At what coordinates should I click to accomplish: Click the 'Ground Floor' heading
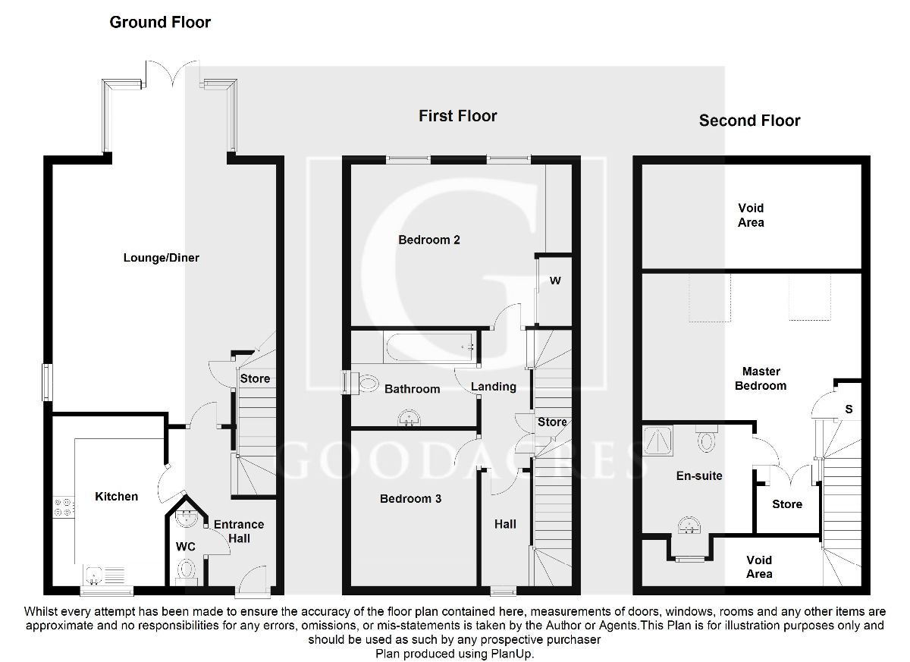pos(160,22)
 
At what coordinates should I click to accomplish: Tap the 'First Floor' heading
pos(458,116)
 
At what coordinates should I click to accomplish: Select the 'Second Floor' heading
pos(749,121)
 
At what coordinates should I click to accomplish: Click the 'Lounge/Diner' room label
pos(162,258)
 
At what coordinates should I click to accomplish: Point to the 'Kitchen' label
pos(116,497)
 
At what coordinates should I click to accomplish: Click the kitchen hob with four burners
pos(64,506)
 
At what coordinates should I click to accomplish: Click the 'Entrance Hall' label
pos(239,531)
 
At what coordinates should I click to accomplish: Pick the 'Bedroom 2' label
pos(429,240)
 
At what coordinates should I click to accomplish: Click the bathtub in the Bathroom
pos(431,349)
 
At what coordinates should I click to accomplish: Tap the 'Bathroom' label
pos(412,389)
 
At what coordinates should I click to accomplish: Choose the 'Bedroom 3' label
pos(410,499)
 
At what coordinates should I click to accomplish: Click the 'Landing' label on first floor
pos(494,387)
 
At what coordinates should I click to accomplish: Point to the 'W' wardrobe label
pos(555,281)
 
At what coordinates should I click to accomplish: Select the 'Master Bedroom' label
pos(761,378)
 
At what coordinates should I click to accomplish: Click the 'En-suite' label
pos(699,476)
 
